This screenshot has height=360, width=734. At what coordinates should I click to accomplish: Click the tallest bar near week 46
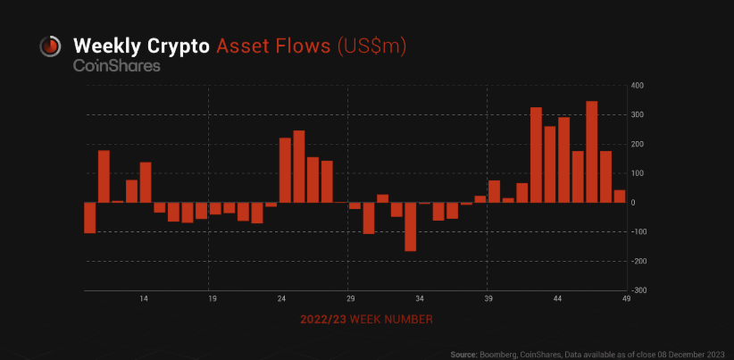591,152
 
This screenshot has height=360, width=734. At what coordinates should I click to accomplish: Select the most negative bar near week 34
411,226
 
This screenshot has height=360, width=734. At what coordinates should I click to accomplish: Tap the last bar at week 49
619,197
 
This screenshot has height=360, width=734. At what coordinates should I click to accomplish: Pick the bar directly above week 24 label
285,170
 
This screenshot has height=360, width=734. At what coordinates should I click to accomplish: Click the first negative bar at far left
89,217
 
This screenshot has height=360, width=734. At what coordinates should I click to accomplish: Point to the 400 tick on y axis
637,85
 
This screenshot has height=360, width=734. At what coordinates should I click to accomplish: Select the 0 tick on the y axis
633,203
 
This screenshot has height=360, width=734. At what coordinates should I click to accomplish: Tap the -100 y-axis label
636,232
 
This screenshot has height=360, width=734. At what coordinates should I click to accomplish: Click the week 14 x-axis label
144,299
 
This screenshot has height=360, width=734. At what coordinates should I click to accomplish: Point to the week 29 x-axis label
351,299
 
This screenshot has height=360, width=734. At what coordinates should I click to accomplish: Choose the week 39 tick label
488,299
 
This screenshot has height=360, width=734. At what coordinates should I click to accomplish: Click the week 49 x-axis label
627,299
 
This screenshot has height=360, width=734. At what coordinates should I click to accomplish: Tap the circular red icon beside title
50,46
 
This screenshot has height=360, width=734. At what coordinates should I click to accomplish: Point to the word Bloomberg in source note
498,355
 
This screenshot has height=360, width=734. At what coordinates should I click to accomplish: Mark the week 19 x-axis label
213,299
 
